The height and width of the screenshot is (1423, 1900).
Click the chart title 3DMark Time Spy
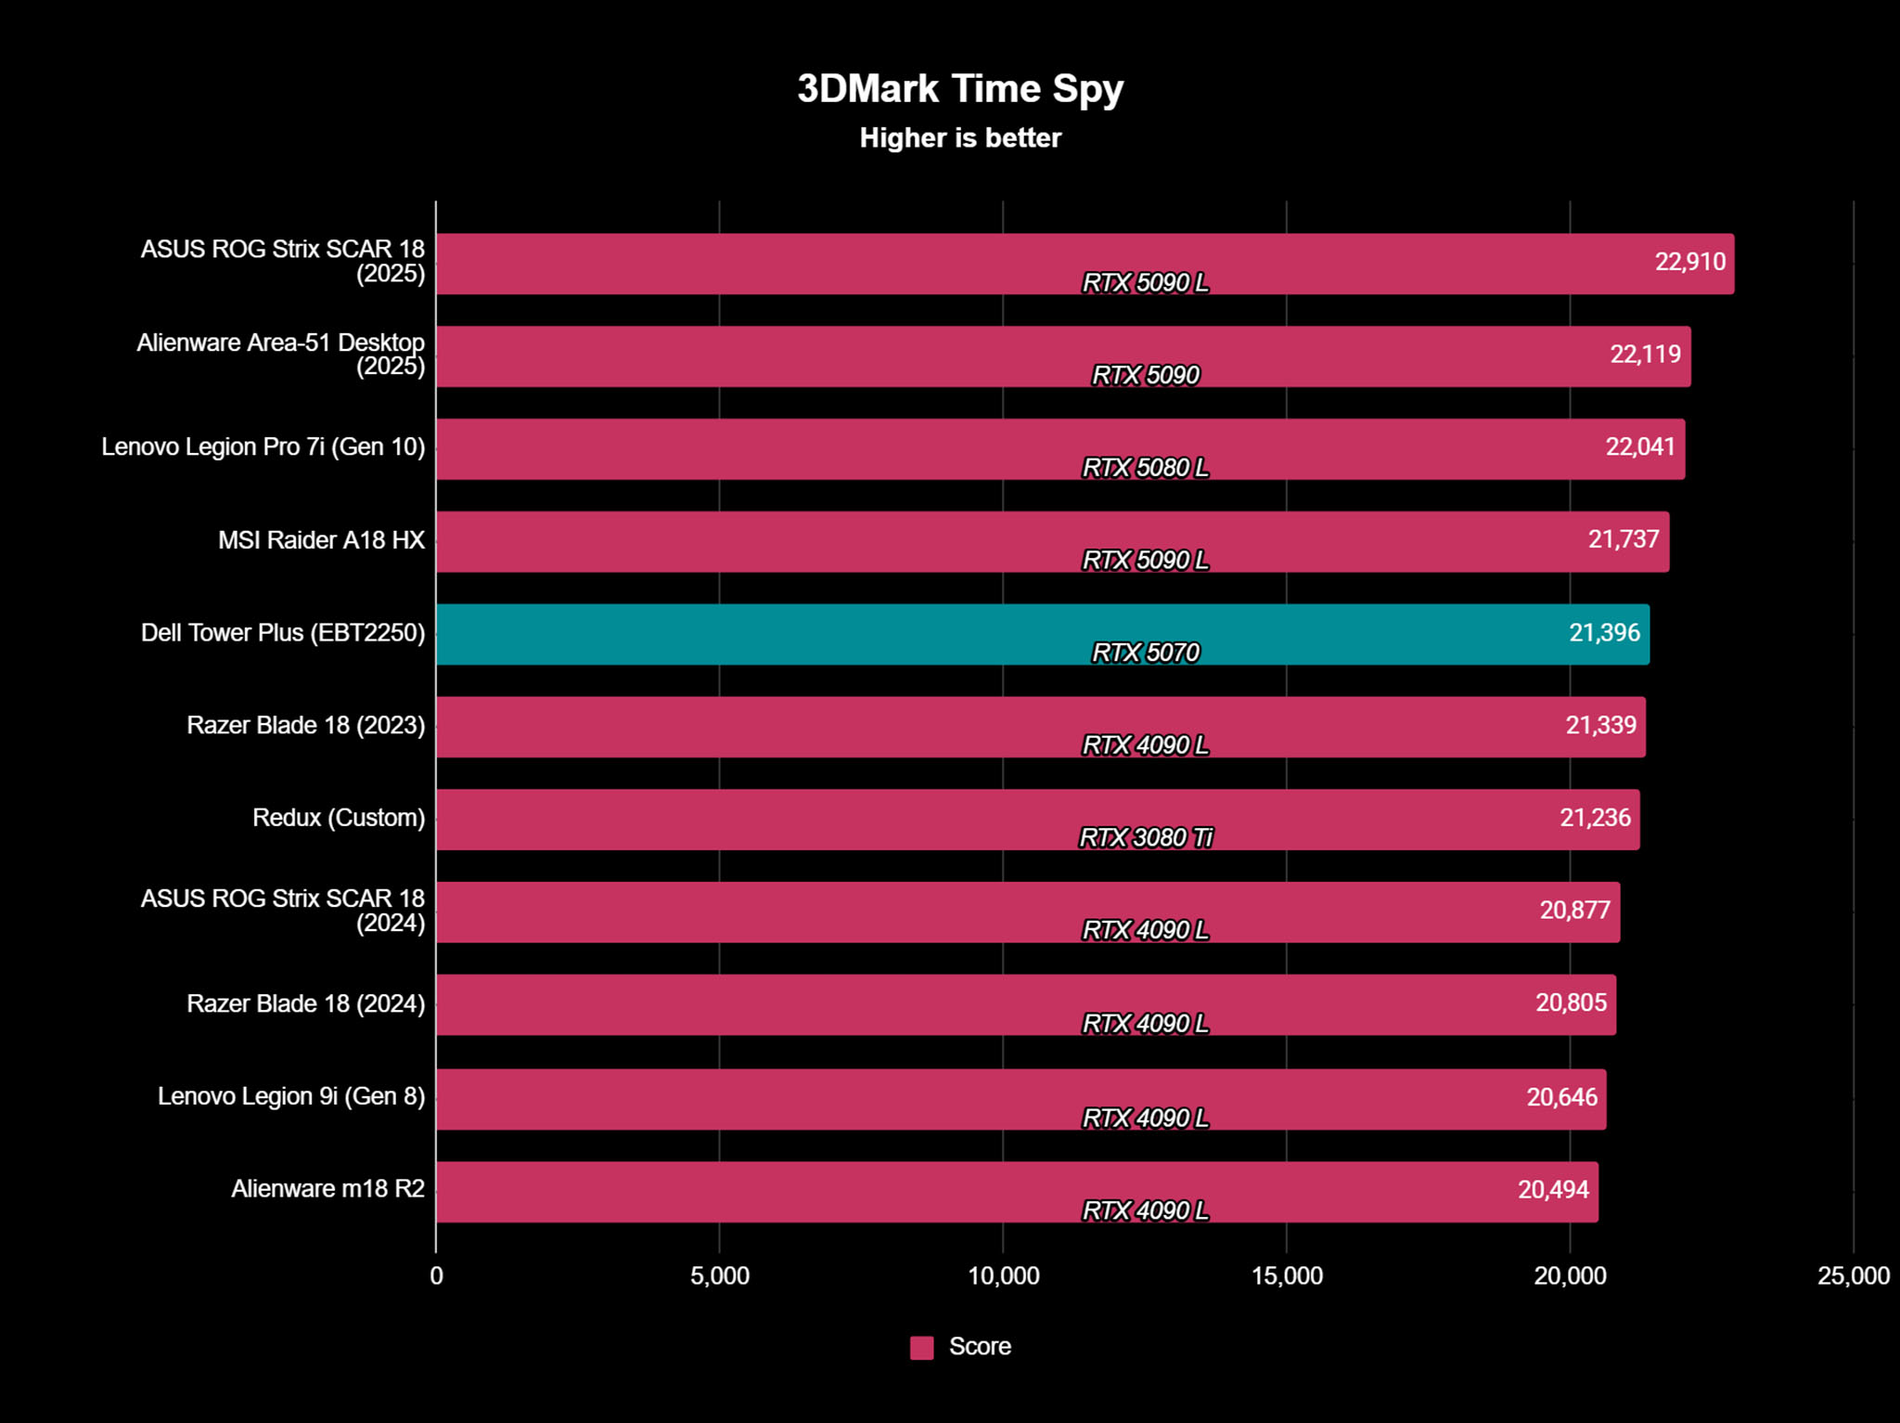960,89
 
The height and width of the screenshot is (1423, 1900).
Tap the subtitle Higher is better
960,138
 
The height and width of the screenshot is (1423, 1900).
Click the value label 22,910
1690,262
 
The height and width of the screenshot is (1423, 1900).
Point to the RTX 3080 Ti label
1146,837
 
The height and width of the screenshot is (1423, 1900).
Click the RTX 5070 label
1146,653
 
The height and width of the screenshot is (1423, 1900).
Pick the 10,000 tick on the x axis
1003,1275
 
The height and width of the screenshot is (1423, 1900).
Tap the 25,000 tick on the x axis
1853,1275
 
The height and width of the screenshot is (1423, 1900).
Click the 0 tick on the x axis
436,1275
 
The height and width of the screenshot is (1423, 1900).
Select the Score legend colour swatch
921,1347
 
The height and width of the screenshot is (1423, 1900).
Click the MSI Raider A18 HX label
321,540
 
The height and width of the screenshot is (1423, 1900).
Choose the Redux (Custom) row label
339,818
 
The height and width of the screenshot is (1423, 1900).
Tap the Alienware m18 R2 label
327,1188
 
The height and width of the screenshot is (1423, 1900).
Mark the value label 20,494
1553,1189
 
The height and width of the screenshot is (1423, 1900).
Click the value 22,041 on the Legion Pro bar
1640,446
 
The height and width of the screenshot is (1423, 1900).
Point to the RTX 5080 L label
1146,468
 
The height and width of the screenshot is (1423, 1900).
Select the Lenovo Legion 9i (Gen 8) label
291,1096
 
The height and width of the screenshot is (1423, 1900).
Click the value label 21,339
1600,725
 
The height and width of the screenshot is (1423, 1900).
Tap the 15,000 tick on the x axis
1287,1275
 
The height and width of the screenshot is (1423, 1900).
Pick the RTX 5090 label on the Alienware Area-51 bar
1146,375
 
